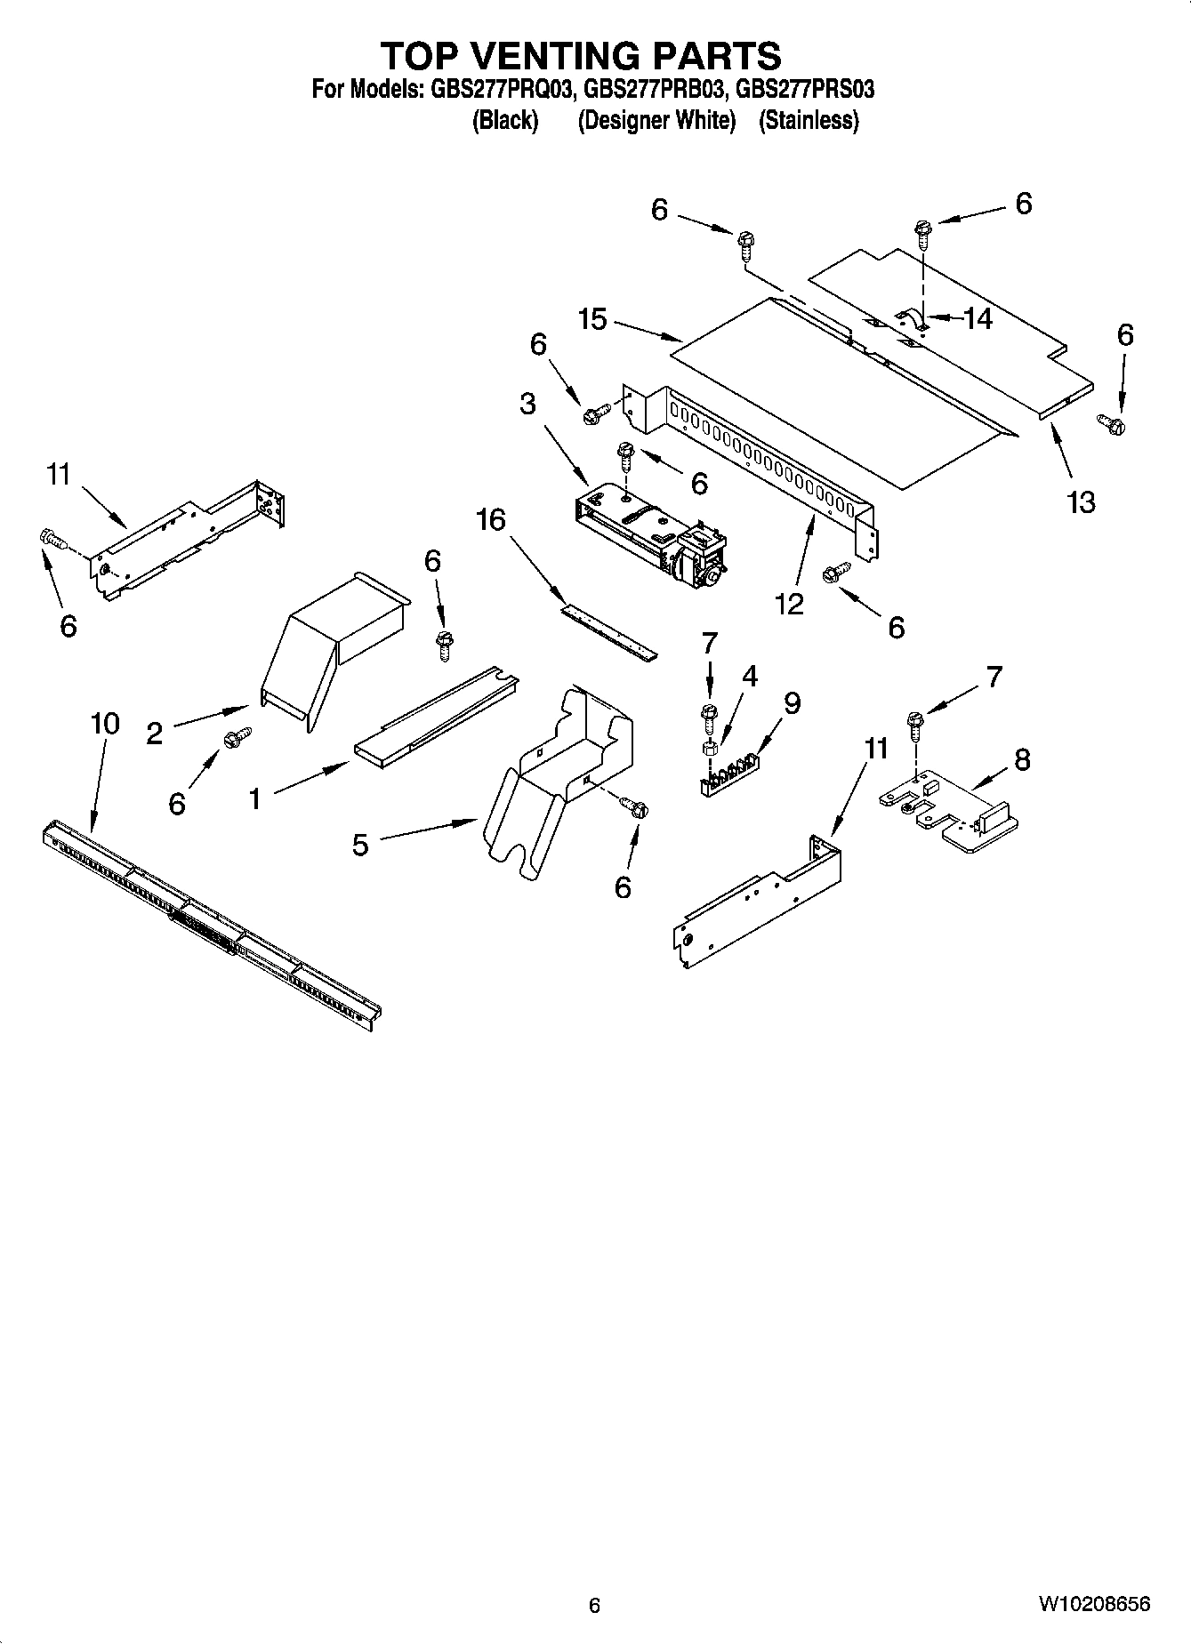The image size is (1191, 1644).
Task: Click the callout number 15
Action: click(x=592, y=319)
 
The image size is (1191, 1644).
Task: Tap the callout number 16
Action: click(x=490, y=519)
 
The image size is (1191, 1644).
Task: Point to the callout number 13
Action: click(x=1081, y=502)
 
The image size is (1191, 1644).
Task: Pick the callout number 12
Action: click(x=789, y=604)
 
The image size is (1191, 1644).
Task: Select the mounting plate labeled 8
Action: click(x=947, y=805)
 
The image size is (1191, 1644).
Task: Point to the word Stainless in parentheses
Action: click(x=809, y=120)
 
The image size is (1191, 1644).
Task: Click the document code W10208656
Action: click(x=1093, y=1604)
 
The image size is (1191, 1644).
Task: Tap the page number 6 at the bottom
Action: click(x=595, y=1605)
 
